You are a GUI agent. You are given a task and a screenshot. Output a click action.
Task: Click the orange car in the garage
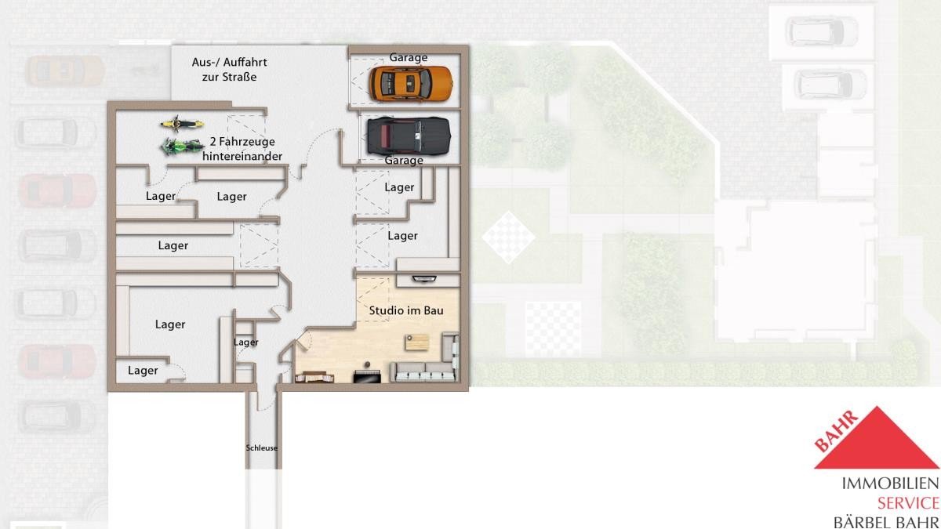pyautogui.click(x=411, y=84)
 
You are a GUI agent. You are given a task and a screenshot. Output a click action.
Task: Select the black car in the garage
pyautogui.click(x=409, y=136)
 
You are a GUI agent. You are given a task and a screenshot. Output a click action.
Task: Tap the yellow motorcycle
pyautogui.click(x=182, y=124)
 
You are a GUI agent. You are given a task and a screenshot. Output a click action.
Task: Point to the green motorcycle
pyautogui.click(x=182, y=147)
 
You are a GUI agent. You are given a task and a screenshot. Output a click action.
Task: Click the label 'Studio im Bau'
pyautogui.click(x=406, y=310)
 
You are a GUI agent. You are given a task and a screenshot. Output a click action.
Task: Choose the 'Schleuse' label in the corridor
pyautogui.click(x=262, y=448)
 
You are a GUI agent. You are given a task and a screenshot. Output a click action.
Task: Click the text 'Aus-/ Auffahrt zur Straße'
pyautogui.click(x=229, y=69)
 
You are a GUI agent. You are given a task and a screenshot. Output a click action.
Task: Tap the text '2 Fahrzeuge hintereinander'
pyautogui.click(x=242, y=149)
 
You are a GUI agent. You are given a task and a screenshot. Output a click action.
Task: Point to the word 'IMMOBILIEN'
pyautogui.click(x=891, y=484)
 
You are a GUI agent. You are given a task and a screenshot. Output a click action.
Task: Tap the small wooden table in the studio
pyautogui.click(x=417, y=342)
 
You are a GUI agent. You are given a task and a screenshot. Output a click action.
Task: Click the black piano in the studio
pyautogui.click(x=367, y=375)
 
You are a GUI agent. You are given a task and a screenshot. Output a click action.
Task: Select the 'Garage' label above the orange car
pyautogui.click(x=409, y=57)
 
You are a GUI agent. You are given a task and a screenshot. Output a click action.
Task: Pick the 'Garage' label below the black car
pyautogui.click(x=404, y=161)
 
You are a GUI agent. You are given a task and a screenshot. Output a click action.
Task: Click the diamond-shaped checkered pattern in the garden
pyautogui.click(x=508, y=237)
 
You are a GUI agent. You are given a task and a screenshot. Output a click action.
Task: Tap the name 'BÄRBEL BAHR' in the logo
pyautogui.click(x=886, y=523)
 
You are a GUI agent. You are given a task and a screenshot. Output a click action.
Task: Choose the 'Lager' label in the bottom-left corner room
pyautogui.click(x=143, y=371)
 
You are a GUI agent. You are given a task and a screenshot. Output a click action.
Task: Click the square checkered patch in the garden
pyautogui.click(x=554, y=328)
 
